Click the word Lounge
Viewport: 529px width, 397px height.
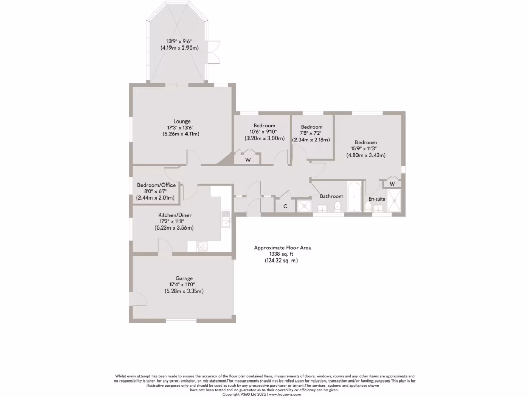coord(182,121)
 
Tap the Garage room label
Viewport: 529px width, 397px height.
coord(183,278)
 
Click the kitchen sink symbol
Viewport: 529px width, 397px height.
coord(226,220)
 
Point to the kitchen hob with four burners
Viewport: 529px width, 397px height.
coord(201,247)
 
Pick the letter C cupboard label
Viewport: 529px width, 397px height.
coord(285,206)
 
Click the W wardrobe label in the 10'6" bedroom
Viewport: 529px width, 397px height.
coord(248,160)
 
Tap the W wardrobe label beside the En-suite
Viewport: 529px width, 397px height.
coord(392,184)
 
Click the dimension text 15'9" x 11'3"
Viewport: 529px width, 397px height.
coord(366,149)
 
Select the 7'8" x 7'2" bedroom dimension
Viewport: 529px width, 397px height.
coord(312,133)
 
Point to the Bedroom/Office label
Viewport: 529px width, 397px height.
coord(156,185)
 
